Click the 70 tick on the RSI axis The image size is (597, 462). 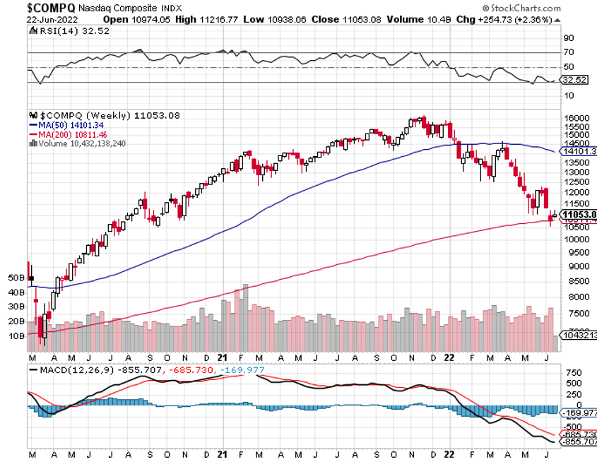coord(567,52)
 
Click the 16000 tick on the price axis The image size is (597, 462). coord(577,118)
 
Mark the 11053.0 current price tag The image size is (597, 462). coord(579,214)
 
